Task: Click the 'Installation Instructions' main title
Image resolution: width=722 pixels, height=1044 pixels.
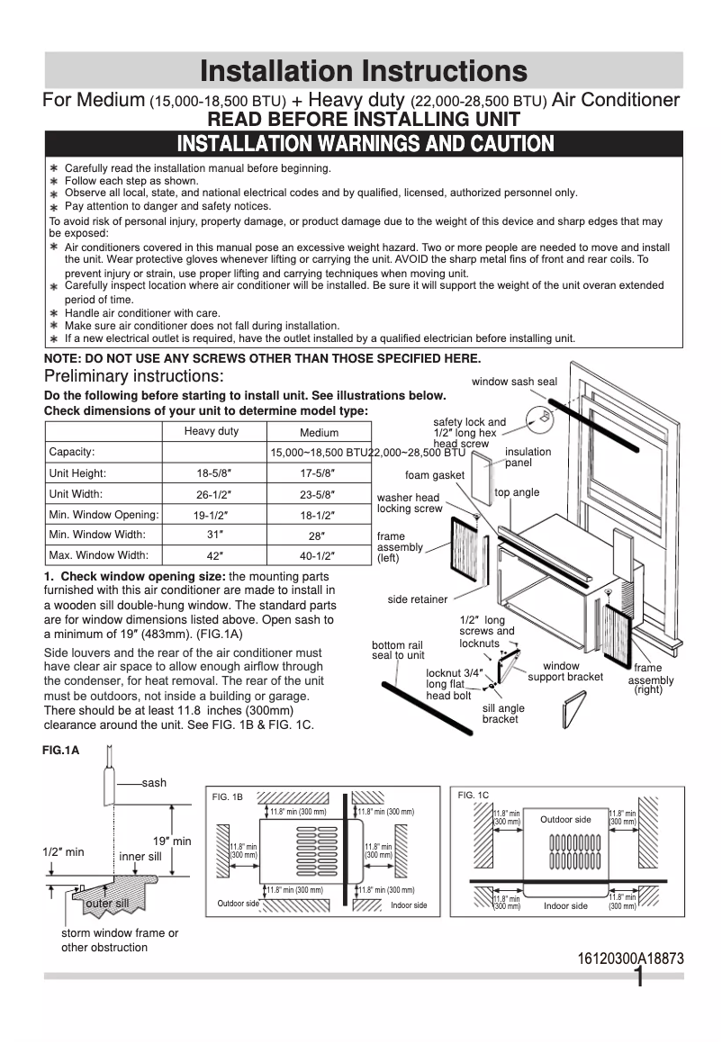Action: click(x=364, y=70)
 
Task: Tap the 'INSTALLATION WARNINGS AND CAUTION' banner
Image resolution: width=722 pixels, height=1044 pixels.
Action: click(x=365, y=144)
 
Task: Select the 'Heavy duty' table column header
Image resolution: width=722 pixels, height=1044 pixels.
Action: click(x=212, y=431)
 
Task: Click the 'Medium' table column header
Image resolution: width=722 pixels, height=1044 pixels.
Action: click(x=319, y=433)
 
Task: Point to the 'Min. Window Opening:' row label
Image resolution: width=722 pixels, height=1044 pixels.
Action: click(x=104, y=515)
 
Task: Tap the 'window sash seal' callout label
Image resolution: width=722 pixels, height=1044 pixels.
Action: click(x=514, y=382)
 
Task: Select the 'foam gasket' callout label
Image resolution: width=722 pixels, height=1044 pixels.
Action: click(x=435, y=475)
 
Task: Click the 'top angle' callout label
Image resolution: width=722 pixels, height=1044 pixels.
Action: click(x=517, y=492)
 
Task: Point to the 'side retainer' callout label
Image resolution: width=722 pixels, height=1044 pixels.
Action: click(x=418, y=599)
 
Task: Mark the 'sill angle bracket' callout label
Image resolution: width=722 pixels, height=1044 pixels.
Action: click(x=503, y=714)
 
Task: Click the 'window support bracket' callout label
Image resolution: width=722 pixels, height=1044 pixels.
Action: click(x=565, y=671)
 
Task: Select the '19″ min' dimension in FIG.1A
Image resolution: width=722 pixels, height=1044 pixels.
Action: click(x=171, y=841)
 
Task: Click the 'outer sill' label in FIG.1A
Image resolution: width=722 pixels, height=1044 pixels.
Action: click(x=107, y=903)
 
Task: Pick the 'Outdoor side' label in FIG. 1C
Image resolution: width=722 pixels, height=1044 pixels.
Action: click(x=565, y=820)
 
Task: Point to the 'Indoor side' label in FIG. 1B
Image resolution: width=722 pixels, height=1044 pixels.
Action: click(x=409, y=904)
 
